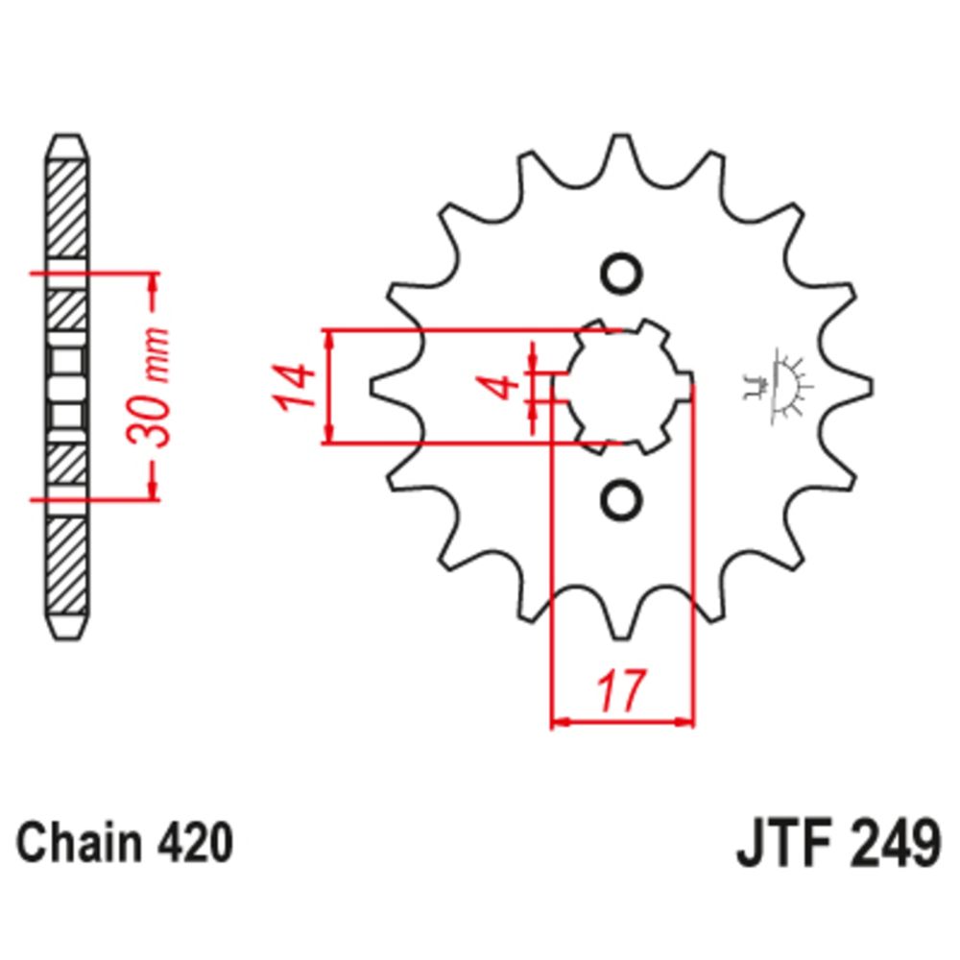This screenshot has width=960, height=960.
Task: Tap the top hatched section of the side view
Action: point(67,206)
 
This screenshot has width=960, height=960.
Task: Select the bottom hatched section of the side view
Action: point(67,566)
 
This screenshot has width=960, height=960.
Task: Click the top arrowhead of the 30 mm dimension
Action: point(152,281)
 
